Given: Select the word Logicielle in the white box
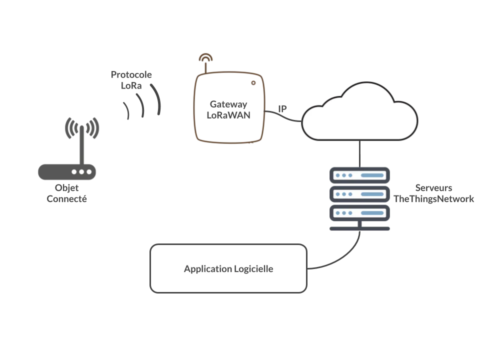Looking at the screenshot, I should [x=253, y=269].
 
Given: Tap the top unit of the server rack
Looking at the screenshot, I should [x=359, y=175].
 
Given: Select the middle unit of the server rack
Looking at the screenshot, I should [x=359, y=194].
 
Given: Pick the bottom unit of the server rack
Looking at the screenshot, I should [x=359, y=213].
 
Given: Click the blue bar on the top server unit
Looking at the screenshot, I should [x=372, y=175].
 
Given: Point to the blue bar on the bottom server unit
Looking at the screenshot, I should [x=372, y=213].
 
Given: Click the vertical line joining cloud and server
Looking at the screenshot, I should [x=358, y=152].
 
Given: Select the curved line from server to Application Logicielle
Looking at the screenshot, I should [x=345, y=257].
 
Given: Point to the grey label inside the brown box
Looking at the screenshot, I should [x=228, y=109].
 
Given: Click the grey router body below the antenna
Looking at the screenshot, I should [x=67, y=173].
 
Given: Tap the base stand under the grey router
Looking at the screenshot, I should [x=66, y=195].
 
